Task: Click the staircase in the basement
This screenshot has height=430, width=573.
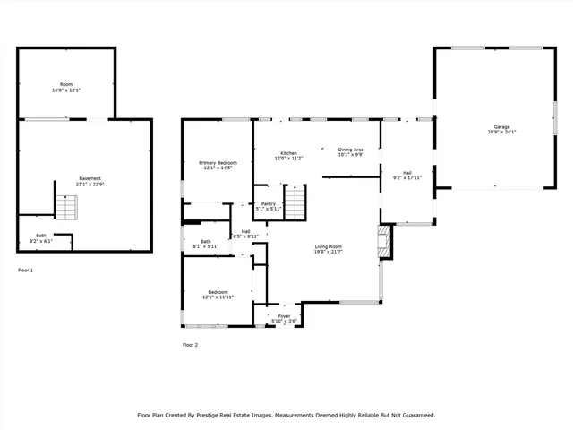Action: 67,207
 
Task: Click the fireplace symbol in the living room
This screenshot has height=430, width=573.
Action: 384,242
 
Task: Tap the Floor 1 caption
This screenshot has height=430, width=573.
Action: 26,270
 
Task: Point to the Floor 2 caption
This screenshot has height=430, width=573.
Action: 190,344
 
